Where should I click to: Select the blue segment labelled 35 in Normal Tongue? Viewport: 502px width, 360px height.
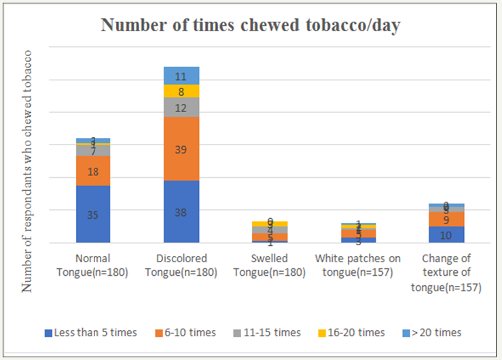pos(93,214)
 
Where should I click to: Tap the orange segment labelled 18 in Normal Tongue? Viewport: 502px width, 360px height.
pos(93,170)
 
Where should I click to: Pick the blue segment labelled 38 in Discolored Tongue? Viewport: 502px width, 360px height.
pos(181,211)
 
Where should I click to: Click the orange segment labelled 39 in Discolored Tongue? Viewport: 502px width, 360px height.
pos(181,148)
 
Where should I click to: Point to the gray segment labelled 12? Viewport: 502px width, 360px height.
pos(181,107)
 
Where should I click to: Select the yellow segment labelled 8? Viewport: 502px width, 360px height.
pos(181,91)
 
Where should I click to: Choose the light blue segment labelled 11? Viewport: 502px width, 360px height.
pos(181,75)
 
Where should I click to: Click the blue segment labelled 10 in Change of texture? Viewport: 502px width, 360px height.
pos(446,234)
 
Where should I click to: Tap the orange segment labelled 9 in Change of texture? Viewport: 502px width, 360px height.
pos(446,219)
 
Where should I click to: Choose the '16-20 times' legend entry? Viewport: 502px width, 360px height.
pos(351,333)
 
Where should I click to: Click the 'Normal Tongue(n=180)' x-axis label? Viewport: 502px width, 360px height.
pos(93,266)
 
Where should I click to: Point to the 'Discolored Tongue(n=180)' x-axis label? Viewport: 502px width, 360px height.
pos(181,266)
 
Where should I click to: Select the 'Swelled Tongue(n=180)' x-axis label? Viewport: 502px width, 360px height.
pos(270,266)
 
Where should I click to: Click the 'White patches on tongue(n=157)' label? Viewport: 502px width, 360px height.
pos(358,266)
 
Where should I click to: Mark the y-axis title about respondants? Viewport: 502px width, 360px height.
pos(28,170)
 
